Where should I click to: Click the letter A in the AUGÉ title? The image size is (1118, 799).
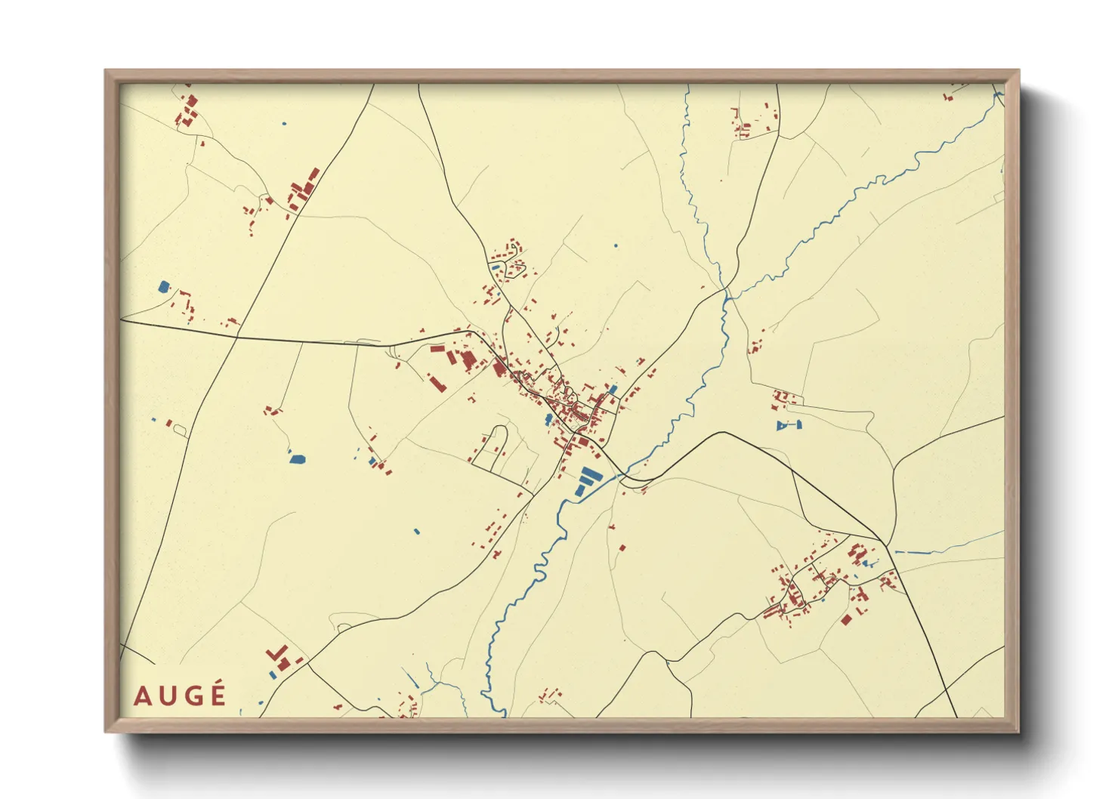142,696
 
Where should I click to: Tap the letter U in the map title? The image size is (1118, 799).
167,696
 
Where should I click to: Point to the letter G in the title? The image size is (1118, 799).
192,696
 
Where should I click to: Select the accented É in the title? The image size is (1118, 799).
218,694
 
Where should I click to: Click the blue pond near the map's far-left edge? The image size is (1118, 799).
164,286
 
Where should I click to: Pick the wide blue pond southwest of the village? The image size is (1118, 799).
298,458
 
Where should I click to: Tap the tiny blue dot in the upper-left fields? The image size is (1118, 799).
284,123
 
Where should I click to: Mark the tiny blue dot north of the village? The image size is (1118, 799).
616,245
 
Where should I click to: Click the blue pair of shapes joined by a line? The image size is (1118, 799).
788,426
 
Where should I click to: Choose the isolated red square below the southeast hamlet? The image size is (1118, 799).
847,620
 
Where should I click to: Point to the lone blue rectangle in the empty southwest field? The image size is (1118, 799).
416,531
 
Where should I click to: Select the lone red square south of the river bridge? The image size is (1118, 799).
622,548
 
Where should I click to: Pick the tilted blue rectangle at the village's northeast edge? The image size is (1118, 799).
613,390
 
